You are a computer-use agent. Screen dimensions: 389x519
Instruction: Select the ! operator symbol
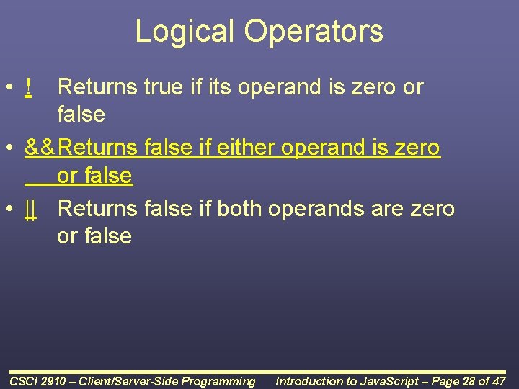point(27,87)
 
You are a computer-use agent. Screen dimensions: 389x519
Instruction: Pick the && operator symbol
point(40,148)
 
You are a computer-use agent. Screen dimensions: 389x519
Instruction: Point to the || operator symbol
point(30,209)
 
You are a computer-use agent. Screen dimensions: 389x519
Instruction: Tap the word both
point(239,209)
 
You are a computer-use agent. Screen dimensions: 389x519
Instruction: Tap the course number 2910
point(58,381)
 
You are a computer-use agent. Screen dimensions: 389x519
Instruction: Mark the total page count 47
point(499,381)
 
